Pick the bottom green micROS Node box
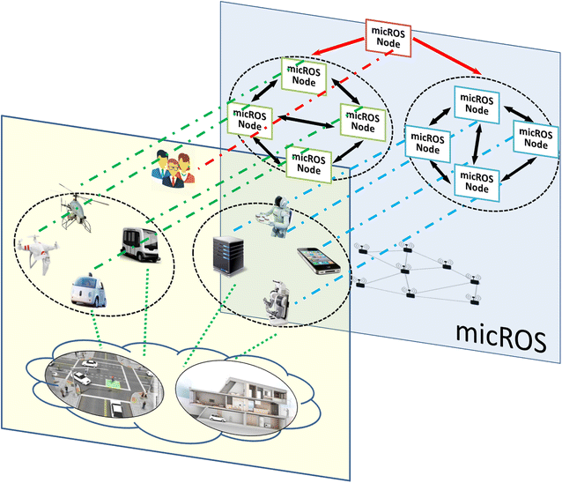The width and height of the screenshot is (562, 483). [306, 165]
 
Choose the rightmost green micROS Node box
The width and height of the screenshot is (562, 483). [362, 119]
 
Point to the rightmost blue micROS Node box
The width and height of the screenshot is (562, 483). [536, 137]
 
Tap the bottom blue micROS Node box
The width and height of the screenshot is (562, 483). [476, 180]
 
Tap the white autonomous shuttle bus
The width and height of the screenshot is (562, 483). [140, 244]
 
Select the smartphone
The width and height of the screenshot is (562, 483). [318, 262]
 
